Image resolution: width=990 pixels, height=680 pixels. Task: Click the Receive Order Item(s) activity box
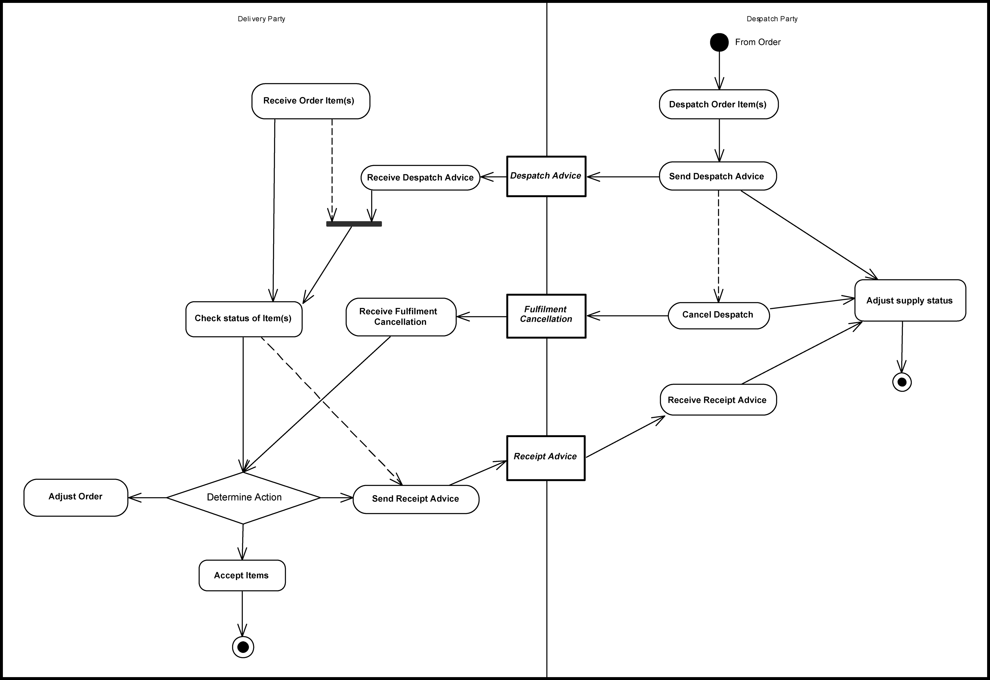click(310, 101)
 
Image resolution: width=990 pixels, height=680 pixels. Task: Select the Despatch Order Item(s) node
click(718, 104)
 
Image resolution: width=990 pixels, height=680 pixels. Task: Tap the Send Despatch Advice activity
click(717, 176)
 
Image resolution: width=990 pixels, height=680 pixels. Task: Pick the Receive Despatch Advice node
click(420, 178)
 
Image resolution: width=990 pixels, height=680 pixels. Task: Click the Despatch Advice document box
click(546, 176)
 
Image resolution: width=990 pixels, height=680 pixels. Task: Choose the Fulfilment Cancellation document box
click(546, 316)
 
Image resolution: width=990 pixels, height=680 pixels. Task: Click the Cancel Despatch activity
click(718, 315)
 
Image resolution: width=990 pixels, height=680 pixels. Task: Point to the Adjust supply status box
click(910, 300)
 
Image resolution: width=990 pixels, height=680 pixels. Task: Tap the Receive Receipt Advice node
click(718, 400)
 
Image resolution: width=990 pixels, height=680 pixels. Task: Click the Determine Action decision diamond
click(243, 498)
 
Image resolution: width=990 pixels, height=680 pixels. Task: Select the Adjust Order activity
click(75, 497)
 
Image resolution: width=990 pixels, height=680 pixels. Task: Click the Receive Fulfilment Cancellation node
click(401, 317)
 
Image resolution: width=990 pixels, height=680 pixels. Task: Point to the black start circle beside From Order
click(719, 42)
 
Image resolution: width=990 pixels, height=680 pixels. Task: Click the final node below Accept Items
click(243, 647)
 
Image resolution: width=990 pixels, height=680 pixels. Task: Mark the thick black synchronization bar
click(354, 224)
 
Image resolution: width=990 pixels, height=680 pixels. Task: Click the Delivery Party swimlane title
click(261, 19)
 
